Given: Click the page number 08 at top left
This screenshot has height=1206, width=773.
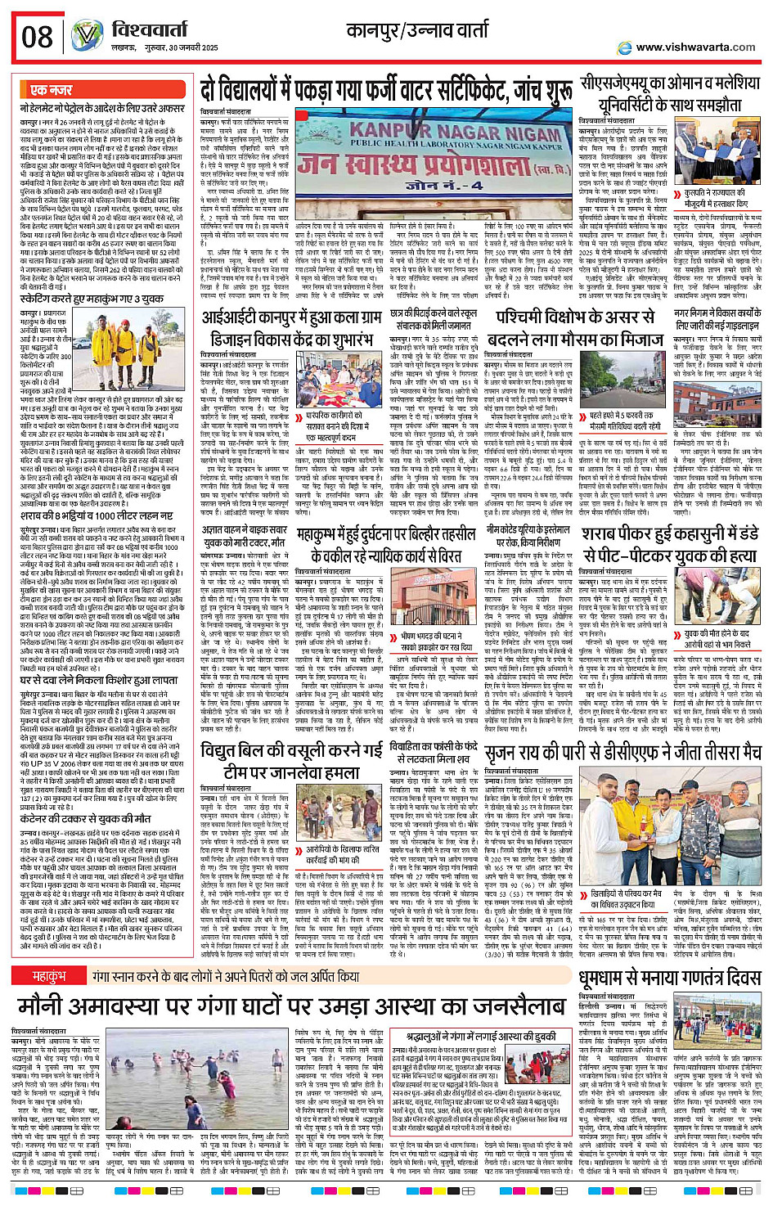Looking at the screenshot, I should [x=37, y=36].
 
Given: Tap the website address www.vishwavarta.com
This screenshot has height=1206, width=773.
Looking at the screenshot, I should [x=695, y=47].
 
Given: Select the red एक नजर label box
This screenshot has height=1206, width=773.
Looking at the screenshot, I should [x=51, y=90].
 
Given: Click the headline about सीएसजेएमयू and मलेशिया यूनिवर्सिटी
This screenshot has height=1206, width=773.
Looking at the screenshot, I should [x=669, y=93].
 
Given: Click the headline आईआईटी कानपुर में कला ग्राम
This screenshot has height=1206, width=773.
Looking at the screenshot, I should [x=293, y=327].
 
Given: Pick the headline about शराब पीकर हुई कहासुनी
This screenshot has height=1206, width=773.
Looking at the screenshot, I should [x=669, y=545].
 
